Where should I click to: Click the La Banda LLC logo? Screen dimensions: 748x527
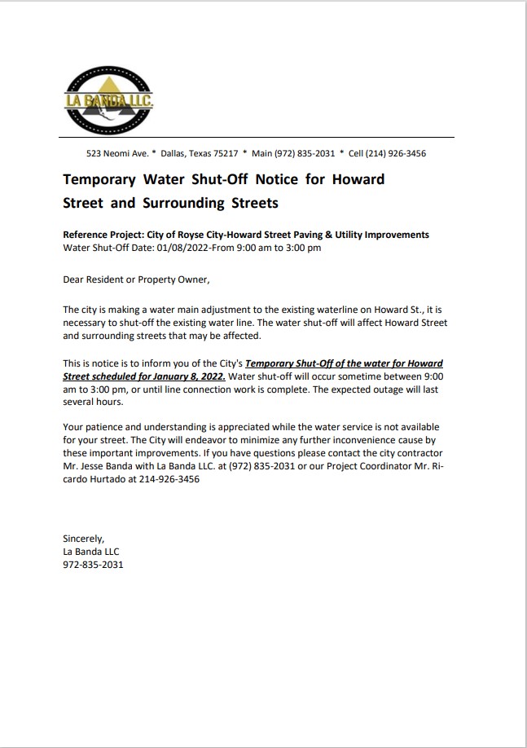click(108, 101)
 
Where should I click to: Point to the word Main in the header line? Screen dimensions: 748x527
click(261, 153)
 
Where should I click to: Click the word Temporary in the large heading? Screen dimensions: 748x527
click(99, 178)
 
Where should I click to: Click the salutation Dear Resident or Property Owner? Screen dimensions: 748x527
click(136, 279)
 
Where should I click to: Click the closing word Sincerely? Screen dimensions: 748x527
click(83, 538)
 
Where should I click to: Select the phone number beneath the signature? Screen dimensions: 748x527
click(93, 564)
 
